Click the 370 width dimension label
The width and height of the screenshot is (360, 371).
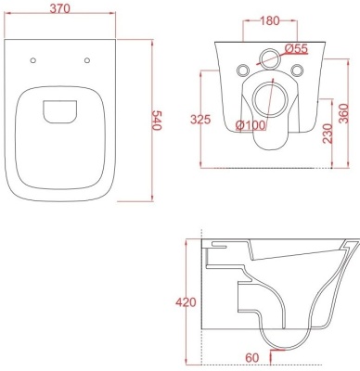pyautogui.click(x=60, y=8)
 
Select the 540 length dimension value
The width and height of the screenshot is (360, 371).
pyautogui.click(x=157, y=121)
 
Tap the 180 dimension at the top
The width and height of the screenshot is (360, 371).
pyautogui.click(x=270, y=21)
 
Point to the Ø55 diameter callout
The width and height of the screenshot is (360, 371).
pyautogui.click(x=296, y=48)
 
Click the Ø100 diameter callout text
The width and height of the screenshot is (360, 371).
pyautogui.click(x=251, y=125)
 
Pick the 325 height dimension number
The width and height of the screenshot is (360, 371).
pyautogui.click(x=200, y=120)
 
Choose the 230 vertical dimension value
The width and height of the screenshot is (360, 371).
pyautogui.click(x=328, y=134)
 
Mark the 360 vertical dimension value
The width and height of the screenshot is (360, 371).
pyautogui.click(x=343, y=113)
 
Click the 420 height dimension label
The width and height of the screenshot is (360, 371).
pyautogui.click(x=186, y=302)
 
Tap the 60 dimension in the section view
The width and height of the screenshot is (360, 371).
pyautogui.click(x=252, y=358)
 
